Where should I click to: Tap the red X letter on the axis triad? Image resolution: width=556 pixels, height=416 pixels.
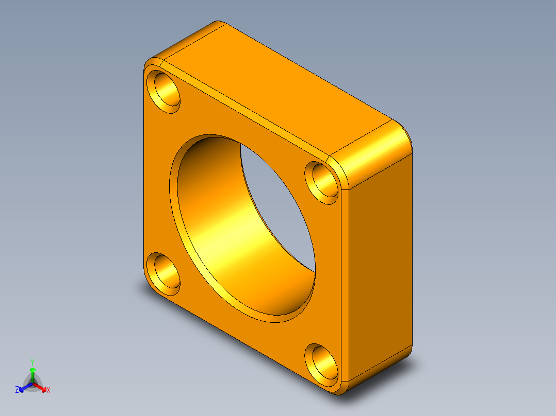click(48, 390)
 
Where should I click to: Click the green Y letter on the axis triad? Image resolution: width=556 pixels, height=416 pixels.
click(32, 362)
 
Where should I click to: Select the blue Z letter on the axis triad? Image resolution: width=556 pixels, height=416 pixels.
click(17, 390)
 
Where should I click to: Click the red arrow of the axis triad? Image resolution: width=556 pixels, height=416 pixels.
click(42, 388)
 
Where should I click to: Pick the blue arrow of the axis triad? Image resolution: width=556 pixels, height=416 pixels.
click(23, 388)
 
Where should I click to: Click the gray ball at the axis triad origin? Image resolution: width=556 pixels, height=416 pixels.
click(32, 383)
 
